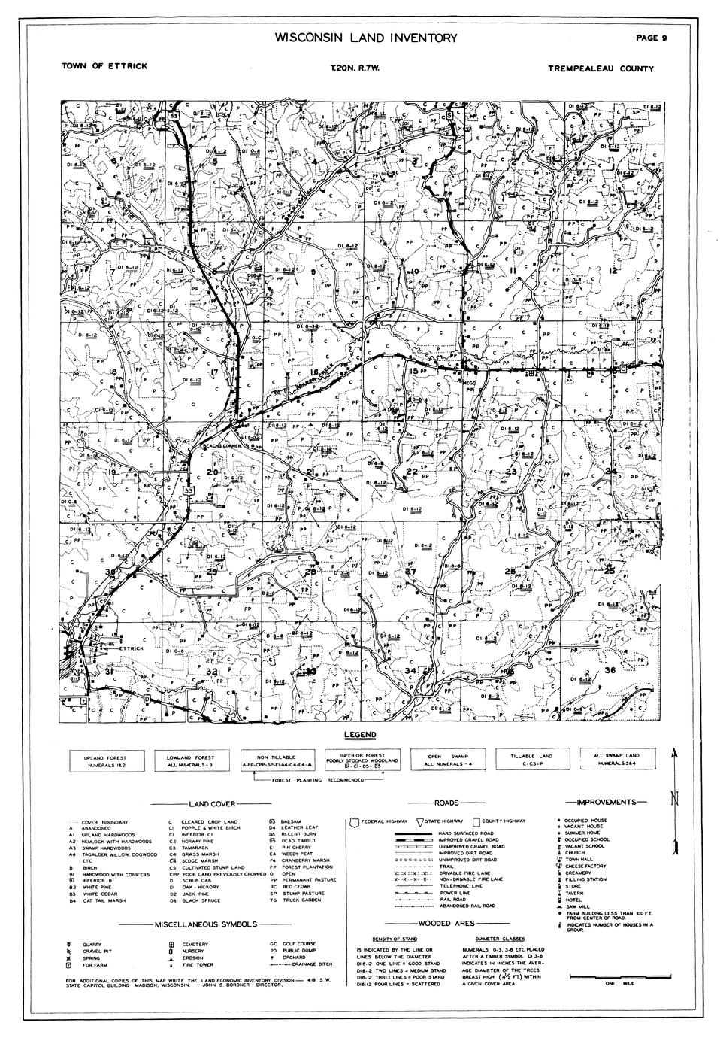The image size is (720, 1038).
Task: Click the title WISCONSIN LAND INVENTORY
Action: [365, 38]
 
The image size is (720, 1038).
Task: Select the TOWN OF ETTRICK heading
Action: [104, 65]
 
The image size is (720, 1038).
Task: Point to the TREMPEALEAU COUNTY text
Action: [601, 68]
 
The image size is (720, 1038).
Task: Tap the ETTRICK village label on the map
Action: [130, 648]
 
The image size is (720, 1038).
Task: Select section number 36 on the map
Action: [610, 670]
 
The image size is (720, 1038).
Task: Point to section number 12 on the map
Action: [613, 269]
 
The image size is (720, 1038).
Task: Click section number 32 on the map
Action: [212, 672]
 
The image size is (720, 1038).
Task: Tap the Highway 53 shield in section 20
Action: [188, 490]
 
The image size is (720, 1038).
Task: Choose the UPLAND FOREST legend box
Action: [105, 760]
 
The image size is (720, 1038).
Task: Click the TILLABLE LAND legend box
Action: [531, 760]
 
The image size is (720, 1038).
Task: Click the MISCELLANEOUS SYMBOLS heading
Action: [205, 924]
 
